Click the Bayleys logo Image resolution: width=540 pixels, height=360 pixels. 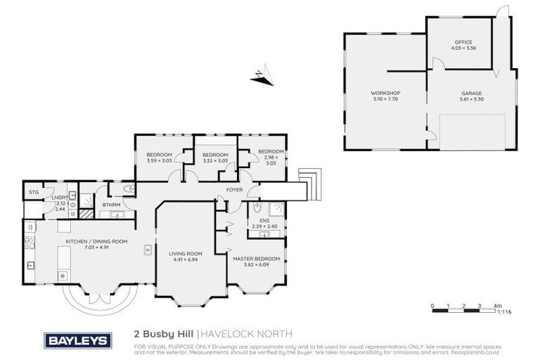[x=78, y=340]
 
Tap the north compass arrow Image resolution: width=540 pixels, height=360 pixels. [x=260, y=77]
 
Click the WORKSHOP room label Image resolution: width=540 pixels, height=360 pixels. [x=385, y=94]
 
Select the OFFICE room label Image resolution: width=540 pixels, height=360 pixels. [x=463, y=42]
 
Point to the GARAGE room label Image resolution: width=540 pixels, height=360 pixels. [x=471, y=94]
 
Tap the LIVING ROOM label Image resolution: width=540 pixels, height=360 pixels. [x=186, y=254]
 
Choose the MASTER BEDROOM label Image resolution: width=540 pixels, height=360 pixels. [x=257, y=259]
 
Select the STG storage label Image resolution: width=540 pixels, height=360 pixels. [x=33, y=192]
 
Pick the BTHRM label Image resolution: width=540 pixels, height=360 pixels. [x=112, y=205]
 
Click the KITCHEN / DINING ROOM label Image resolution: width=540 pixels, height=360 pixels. [x=96, y=241]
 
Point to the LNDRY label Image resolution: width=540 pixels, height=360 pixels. [x=59, y=198]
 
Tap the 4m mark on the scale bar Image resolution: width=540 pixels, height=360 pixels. [x=497, y=306]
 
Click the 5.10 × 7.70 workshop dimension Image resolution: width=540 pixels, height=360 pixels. [x=385, y=99]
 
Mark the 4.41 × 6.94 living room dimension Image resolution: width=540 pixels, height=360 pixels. [x=186, y=259]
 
